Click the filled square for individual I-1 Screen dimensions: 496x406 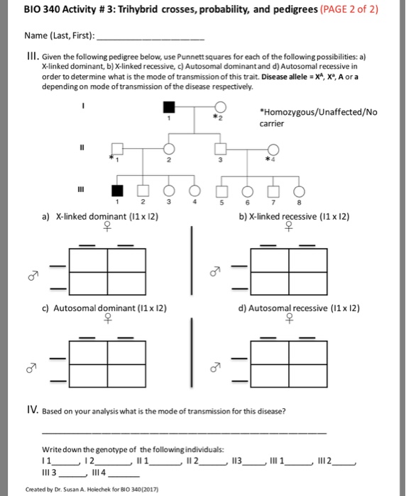point(168,108)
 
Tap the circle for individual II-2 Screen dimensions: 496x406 point(169,150)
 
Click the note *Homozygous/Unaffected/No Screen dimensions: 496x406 point(310,113)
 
